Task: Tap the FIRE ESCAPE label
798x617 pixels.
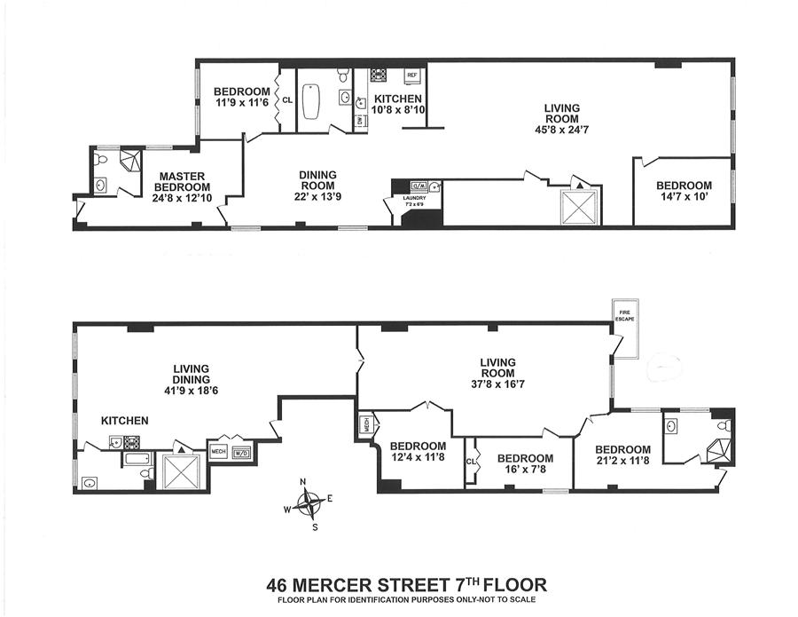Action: pos(626,312)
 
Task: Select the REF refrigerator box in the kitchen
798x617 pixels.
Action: pos(411,75)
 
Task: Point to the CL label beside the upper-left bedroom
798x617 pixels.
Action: pos(287,99)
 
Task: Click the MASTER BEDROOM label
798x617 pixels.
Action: pos(182,181)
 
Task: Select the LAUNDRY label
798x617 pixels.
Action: pos(414,198)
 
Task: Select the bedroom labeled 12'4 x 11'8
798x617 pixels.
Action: pos(418,452)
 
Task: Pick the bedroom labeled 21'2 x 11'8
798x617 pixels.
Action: pos(622,455)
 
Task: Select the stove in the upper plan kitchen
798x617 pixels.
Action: pos(378,75)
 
